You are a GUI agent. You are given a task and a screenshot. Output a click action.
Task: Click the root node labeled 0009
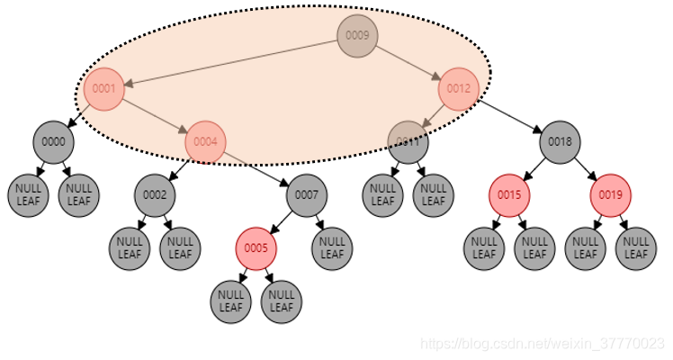pos(357,36)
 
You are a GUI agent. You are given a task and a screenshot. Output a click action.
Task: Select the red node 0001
pos(104,89)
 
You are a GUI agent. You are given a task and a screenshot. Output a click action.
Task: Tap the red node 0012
pos(459,89)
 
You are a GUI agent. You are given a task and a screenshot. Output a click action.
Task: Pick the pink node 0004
pos(205,141)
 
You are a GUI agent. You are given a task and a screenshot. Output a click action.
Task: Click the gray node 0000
pos(53,141)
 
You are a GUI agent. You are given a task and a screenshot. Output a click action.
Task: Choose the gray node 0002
pos(155,194)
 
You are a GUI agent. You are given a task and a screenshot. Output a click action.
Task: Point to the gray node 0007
pos(307,194)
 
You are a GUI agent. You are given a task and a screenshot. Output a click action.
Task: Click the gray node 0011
pos(408,141)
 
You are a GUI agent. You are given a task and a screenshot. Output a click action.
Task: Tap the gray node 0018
pos(561,141)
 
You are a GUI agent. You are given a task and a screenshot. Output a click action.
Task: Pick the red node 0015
pos(509,194)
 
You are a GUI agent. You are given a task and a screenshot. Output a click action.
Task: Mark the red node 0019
pos(611,194)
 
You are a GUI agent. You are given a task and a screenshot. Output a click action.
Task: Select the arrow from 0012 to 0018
pos(511,116)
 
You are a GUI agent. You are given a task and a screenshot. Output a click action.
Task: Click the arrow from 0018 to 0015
pos(535,167)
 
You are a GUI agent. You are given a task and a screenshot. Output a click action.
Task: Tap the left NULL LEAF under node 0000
pos(28,194)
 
